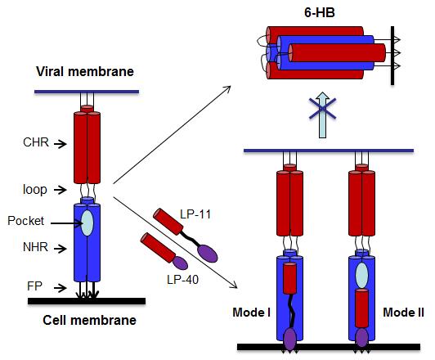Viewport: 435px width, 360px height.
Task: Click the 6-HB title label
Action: (x=320, y=13)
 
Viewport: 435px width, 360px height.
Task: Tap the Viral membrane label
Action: (x=85, y=72)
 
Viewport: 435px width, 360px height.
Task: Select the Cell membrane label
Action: (x=89, y=320)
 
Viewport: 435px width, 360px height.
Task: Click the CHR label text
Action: (x=36, y=142)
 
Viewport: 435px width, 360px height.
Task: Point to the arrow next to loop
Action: (x=61, y=190)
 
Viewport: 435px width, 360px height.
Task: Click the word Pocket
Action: (x=25, y=221)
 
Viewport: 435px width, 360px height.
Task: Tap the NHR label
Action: (x=35, y=247)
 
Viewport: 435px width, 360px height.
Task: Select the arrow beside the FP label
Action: (x=61, y=288)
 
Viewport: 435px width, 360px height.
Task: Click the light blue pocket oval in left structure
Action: (x=87, y=223)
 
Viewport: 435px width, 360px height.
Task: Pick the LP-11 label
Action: (x=195, y=214)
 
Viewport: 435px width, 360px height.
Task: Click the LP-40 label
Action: (x=182, y=280)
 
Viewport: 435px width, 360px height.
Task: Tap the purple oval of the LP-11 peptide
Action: (x=208, y=254)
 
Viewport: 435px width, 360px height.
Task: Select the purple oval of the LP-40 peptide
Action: (x=180, y=263)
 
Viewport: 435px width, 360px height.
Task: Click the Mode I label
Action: (x=251, y=313)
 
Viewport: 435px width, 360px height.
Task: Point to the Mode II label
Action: (x=403, y=313)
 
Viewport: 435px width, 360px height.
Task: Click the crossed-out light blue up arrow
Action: (x=323, y=115)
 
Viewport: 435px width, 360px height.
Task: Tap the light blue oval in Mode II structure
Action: (x=361, y=276)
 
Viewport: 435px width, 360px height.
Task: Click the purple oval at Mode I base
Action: (x=290, y=339)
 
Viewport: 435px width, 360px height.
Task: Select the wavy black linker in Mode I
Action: (x=291, y=311)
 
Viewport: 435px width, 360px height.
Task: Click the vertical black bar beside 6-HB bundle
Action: (x=392, y=56)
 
